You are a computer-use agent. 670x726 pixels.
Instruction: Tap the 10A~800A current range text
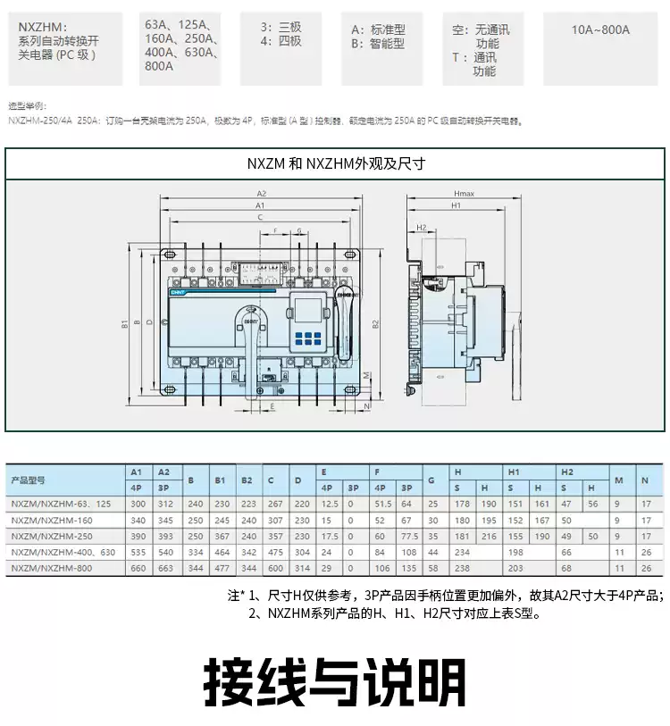click(600, 29)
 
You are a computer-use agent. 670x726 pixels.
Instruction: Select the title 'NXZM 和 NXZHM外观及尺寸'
click(335, 163)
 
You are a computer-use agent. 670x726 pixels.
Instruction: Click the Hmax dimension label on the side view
click(464, 193)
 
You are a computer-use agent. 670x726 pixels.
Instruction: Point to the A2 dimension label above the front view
click(262, 193)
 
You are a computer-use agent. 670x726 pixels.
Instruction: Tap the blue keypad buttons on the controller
click(306, 338)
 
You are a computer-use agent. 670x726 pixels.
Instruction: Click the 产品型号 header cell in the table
click(28, 480)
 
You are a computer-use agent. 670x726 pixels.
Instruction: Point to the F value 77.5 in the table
click(409, 537)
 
